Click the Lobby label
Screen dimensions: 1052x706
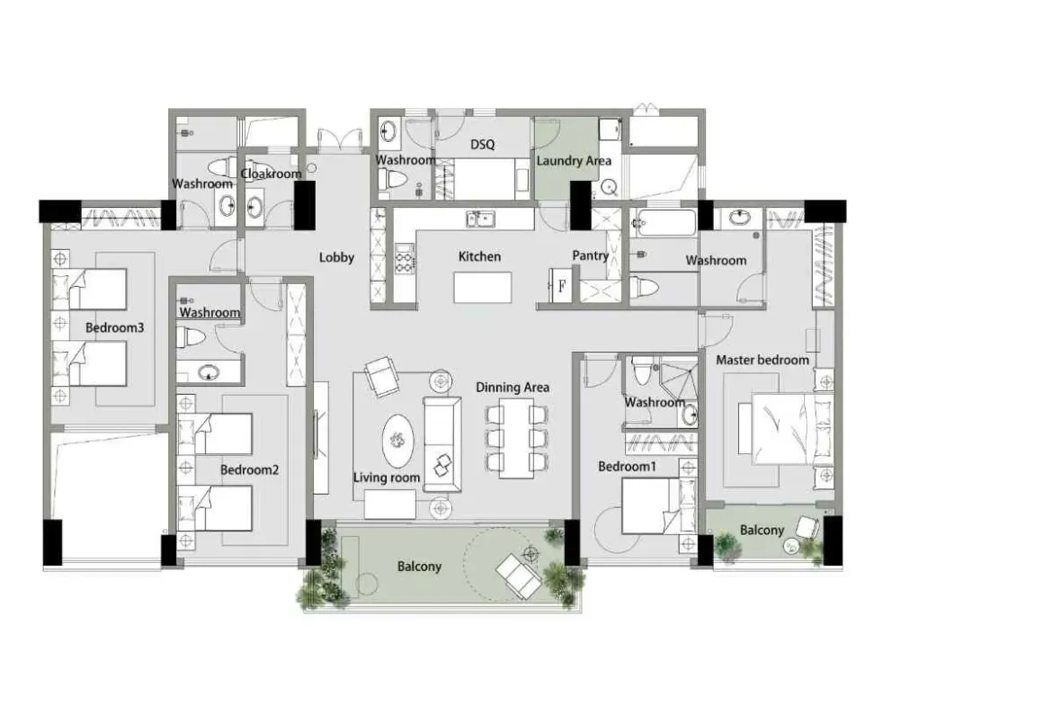click(336, 257)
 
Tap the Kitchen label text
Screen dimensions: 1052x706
click(479, 256)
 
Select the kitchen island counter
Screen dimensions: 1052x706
click(482, 287)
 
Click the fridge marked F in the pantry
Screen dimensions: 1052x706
click(560, 286)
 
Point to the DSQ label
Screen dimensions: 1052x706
click(482, 144)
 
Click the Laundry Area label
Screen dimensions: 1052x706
click(574, 161)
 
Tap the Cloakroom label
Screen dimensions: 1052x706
click(271, 174)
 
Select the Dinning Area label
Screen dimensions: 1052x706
click(513, 388)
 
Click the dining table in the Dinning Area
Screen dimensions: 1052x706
click(517, 438)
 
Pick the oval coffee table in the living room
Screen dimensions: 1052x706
click(398, 440)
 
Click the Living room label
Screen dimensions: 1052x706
click(387, 478)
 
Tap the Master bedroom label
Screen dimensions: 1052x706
click(762, 360)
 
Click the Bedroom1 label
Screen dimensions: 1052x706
click(628, 466)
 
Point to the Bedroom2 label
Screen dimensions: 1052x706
click(249, 469)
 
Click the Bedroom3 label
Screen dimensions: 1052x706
click(115, 327)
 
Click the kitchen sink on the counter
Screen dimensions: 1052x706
click(480, 219)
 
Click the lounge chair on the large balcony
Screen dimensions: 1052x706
click(518, 575)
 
